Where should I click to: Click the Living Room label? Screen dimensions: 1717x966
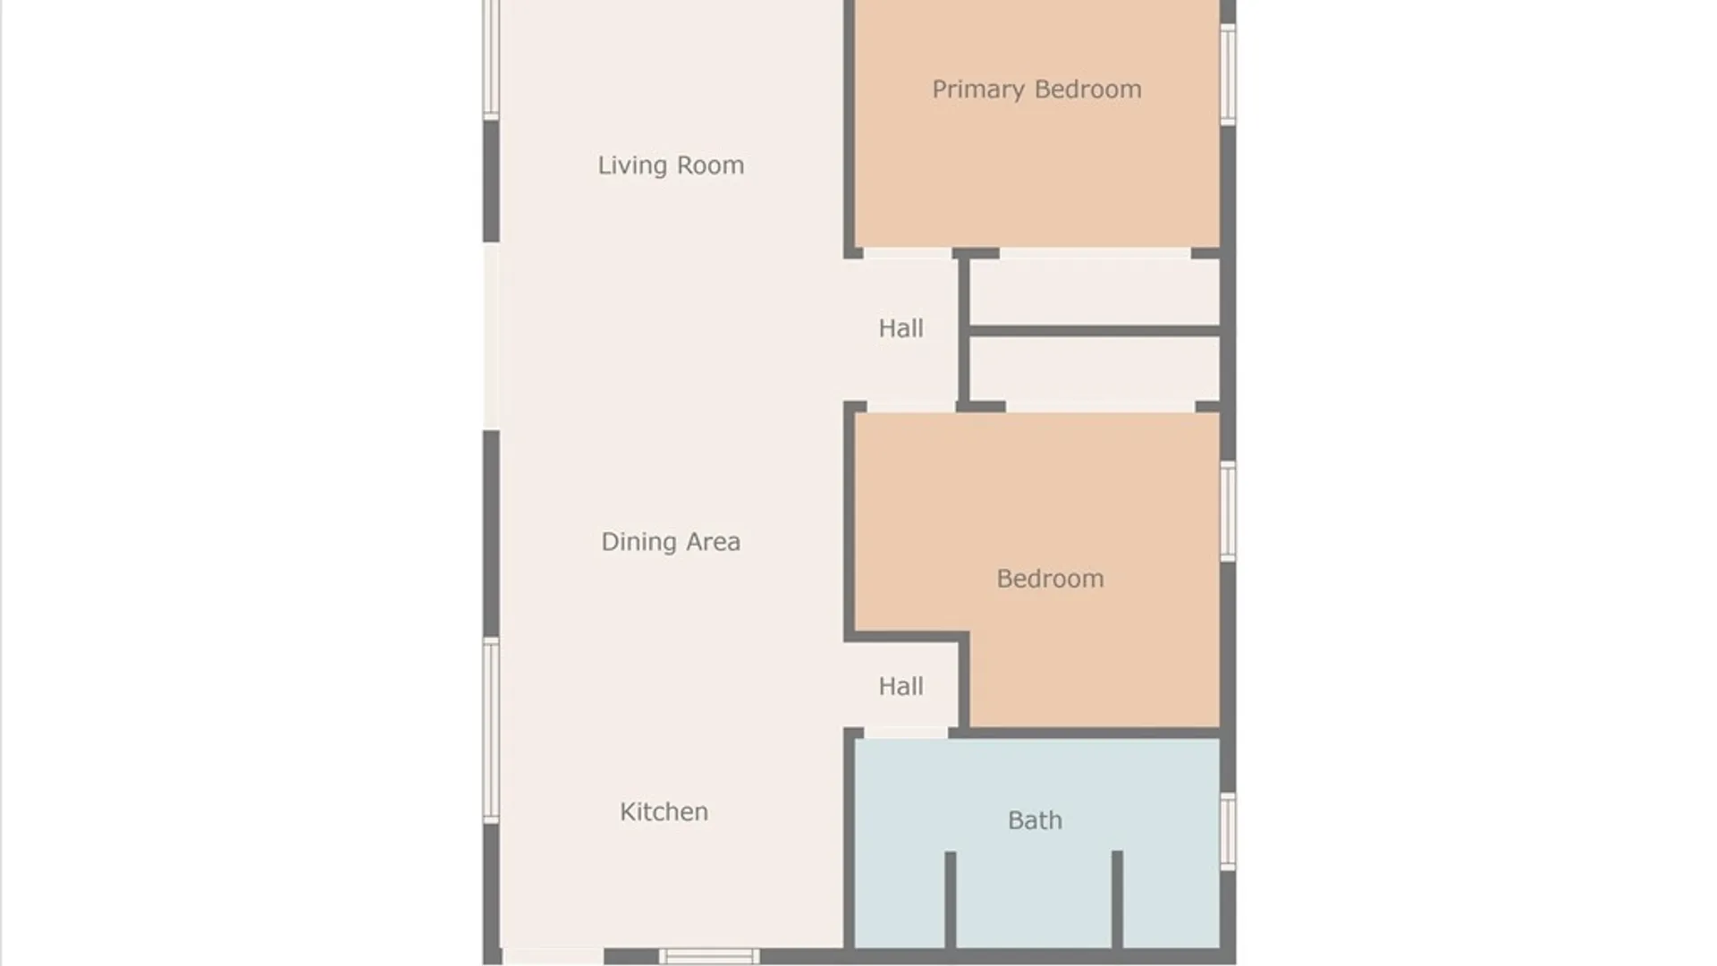click(x=671, y=165)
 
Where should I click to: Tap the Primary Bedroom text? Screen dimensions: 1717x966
click(x=1036, y=89)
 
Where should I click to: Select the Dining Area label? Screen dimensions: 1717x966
click(x=671, y=542)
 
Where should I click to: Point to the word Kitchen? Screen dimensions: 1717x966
click(x=664, y=811)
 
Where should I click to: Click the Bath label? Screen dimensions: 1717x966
click(x=1035, y=820)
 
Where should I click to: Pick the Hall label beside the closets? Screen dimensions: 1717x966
click(x=901, y=328)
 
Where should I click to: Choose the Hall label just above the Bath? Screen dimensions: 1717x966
click(x=901, y=686)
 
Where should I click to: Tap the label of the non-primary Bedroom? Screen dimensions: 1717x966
click(x=1050, y=579)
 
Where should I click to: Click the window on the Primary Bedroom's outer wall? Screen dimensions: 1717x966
click(x=1228, y=74)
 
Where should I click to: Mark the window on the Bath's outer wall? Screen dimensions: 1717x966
click(x=1228, y=831)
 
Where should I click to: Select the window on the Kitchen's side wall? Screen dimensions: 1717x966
click(x=491, y=730)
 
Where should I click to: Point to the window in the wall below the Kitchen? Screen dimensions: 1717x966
click(x=709, y=956)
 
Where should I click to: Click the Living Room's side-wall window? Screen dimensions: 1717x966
click(x=491, y=59)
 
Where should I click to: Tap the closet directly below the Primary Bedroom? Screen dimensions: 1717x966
click(x=1095, y=292)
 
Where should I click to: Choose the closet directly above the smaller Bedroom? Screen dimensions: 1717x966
click(x=1095, y=371)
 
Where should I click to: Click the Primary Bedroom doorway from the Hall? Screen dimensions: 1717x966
click(x=908, y=254)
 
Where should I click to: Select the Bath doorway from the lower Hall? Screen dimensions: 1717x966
click(x=906, y=733)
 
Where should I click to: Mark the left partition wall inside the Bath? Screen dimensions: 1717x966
click(x=951, y=899)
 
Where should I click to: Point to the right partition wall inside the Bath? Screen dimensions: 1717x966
click(x=1117, y=899)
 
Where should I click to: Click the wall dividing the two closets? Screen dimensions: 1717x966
click(x=1095, y=331)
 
